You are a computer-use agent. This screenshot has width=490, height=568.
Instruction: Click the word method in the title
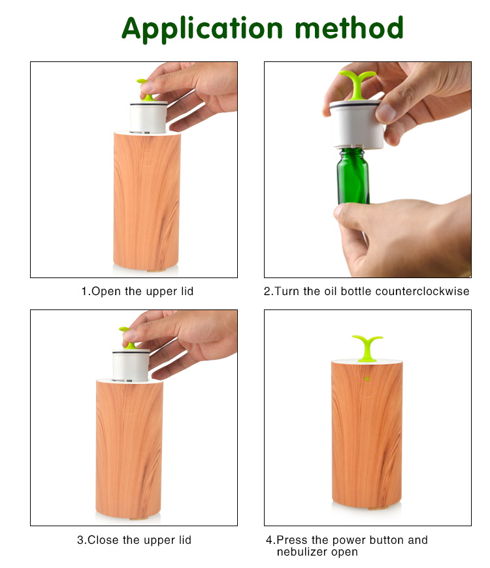click(x=349, y=28)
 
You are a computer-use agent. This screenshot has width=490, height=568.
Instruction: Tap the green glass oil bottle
click(x=353, y=175)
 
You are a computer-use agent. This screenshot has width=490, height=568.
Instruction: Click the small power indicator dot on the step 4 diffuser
click(x=367, y=378)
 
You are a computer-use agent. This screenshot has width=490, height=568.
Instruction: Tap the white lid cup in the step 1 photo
click(x=147, y=116)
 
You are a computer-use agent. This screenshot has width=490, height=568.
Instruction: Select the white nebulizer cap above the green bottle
click(x=357, y=123)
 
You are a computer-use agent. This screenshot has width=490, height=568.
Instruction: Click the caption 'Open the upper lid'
click(x=137, y=291)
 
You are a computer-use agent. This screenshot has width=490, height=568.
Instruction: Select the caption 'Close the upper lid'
click(x=134, y=540)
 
